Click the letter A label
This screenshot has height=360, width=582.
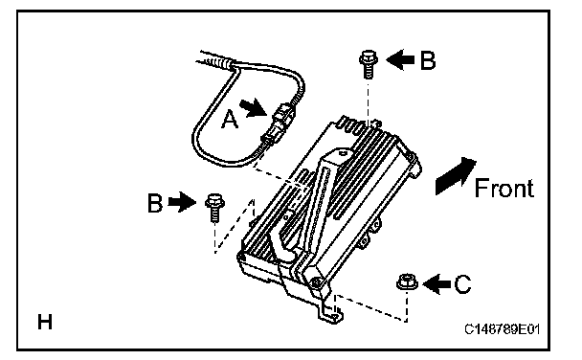[x=230, y=120]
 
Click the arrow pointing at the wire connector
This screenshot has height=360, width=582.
[x=254, y=108]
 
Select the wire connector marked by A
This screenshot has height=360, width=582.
[x=279, y=124]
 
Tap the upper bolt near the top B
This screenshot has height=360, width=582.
[x=369, y=64]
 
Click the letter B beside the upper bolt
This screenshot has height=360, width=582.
[x=428, y=59]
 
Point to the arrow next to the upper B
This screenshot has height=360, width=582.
[x=400, y=59]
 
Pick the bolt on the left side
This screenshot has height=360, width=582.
[x=213, y=208]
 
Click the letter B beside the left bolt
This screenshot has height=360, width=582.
[x=155, y=203]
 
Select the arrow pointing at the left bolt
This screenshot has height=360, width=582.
[x=182, y=202]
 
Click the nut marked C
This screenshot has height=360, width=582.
[x=407, y=282]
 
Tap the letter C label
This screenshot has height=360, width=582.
[x=462, y=284]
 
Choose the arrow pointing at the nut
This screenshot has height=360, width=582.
[x=436, y=284]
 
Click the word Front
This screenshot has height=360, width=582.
[x=504, y=188]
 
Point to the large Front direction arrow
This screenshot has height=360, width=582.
[x=455, y=176]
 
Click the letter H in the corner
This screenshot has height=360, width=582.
[x=45, y=322]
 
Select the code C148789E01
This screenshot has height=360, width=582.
[x=502, y=328]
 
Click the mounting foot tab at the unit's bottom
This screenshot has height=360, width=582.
[x=330, y=315]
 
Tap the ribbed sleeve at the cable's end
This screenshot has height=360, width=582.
[x=216, y=60]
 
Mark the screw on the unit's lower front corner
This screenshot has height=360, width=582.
[x=316, y=282]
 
